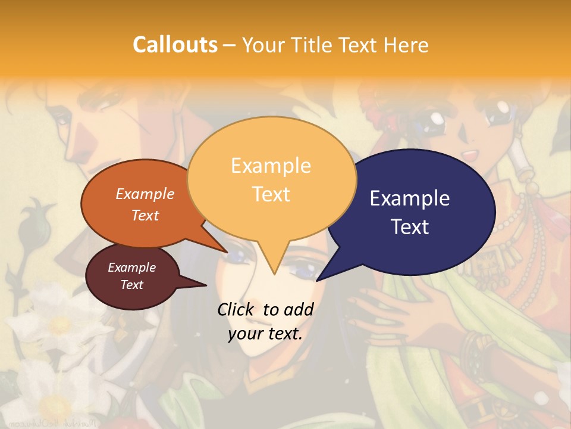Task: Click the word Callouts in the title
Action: click(x=175, y=45)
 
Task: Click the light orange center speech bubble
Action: click(x=271, y=179)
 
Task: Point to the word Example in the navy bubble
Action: click(x=410, y=198)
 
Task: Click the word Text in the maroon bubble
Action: click(x=132, y=285)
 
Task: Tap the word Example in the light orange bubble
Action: click(x=271, y=166)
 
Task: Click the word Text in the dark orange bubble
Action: click(x=145, y=215)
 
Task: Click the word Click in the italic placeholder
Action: click(x=237, y=309)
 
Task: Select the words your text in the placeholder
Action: click(x=265, y=334)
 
